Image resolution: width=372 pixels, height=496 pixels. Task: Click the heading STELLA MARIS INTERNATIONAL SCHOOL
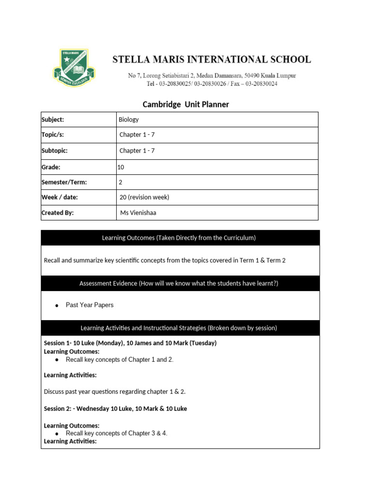click(x=212, y=60)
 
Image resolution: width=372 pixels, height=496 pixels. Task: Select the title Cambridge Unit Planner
click(x=186, y=105)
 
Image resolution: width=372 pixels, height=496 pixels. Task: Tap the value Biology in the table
click(x=128, y=120)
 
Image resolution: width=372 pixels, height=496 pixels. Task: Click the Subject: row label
click(x=53, y=120)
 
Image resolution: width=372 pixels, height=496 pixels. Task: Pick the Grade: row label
click(x=51, y=167)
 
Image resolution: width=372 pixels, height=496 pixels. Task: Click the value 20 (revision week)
click(x=144, y=198)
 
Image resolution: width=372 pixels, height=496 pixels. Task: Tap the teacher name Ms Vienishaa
click(x=138, y=213)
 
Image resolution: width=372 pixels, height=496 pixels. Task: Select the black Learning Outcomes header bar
click(x=180, y=238)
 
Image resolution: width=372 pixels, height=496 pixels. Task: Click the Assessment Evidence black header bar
click(x=180, y=283)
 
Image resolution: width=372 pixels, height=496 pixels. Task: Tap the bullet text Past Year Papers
click(x=90, y=305)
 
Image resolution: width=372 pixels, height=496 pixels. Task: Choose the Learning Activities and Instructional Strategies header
click(x=180, y=328)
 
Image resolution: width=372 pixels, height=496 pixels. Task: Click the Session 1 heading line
click(x=130, y=343)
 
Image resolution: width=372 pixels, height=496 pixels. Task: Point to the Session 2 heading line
click(x=115, y=409)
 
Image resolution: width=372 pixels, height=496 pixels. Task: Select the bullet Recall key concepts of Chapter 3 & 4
click(x=116, y=434)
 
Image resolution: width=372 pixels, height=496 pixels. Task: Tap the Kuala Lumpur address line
click(x=212, y=76)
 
